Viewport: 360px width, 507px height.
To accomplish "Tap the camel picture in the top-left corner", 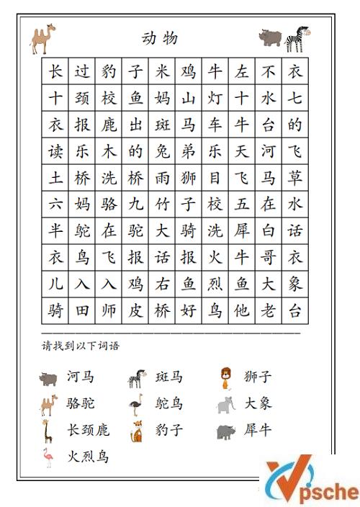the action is coord(42,39).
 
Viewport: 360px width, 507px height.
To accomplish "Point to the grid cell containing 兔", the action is coord(162,151).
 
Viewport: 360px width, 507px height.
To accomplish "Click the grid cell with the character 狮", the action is coord(189,178).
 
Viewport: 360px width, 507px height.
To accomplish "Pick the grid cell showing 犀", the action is coord(242,230).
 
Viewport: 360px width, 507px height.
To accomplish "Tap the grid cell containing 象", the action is coord(295,284).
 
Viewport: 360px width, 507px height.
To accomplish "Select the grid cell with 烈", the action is coord(215,284).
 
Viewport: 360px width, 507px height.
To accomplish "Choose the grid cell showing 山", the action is coord(189,99).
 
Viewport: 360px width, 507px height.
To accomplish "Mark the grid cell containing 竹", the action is coord(162,205).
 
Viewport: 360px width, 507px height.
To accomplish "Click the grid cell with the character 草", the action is coord(295,178).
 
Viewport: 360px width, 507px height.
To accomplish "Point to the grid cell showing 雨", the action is coord(162,178).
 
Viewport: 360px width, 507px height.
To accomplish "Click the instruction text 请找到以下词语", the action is coord(81,346).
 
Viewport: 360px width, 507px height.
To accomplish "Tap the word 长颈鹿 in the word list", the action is coord(88,430).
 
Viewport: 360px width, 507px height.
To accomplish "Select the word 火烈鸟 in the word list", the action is coord(88,456).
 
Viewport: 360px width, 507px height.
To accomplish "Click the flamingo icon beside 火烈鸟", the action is coord(48,457).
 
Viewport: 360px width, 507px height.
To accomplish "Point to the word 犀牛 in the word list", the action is coord(258,430).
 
